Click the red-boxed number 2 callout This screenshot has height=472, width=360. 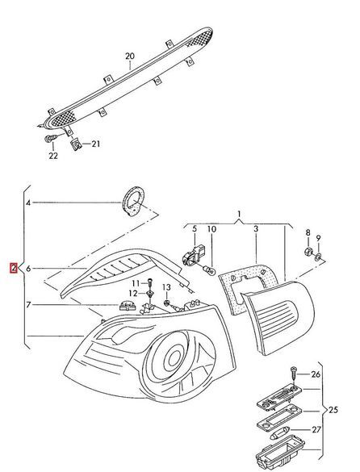click(14, 268)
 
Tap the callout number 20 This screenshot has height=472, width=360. click(130, 56)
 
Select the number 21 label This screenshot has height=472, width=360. click(96, 144)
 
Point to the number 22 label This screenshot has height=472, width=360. click(53, 156)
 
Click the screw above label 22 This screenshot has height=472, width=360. click(51, 139)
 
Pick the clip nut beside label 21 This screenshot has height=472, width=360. click(76, 144)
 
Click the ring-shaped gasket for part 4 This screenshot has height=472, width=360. click(133, 201)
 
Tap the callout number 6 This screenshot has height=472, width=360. click(28, 268)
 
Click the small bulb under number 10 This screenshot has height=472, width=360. click(209, 269)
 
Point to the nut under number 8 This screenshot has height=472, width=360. click(308, 251)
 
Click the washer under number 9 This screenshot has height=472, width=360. click(318, 257)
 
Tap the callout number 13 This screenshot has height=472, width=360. click(166, 287)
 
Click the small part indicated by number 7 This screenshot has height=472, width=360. click(127, 305)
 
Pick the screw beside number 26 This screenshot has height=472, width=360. click(294, 374)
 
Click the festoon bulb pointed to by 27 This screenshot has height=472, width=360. click(279, 432)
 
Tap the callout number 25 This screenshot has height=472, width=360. click(333, 410)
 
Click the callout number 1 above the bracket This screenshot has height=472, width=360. click(239, 215)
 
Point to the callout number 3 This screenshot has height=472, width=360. click(256, 229)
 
